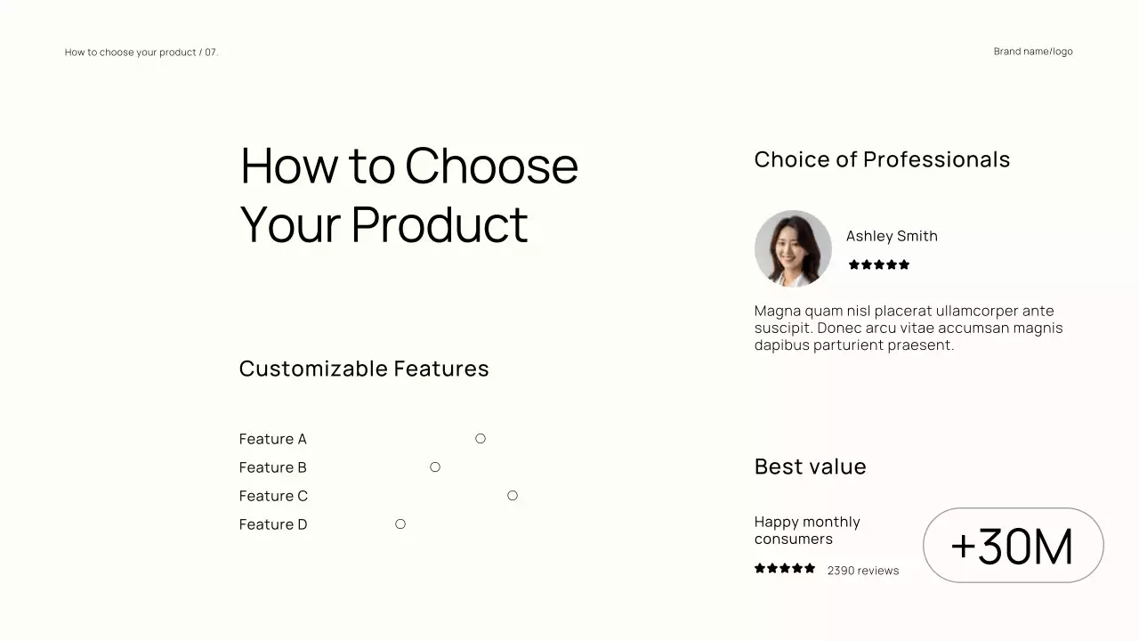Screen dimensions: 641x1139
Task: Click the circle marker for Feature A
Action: click(x=481, y=438)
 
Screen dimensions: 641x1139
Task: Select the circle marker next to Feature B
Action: click(x=435, y=467)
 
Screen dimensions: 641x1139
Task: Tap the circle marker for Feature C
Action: click(x=513, y=495)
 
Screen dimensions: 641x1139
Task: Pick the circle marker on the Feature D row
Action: click(x=400, y=523)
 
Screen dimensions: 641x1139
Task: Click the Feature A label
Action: click(x=272, y=439)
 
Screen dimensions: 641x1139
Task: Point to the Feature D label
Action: click(x=272, y=524)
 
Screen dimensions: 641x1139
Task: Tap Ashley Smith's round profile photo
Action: click(x=793, y=248)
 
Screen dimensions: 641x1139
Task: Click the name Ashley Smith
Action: click(x=892, y=236)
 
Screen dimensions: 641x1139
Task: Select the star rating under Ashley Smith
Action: click(x=879, y=264)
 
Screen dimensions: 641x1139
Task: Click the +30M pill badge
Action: click(x=1013, y=546)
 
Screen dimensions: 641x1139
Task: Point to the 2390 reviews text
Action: click(x=863, y=571)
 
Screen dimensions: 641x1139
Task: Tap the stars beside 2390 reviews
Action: click(x=785, y=568)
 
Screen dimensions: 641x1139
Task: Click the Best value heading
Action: click(x=810, y=467)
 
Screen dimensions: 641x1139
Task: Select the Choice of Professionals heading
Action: click(x=882, y=159)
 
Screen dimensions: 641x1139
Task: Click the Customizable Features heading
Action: click(x=364, y=369)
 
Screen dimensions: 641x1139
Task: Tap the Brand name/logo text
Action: click(x=1033, y=52)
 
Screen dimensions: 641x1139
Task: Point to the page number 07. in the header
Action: click(x=212, y=53)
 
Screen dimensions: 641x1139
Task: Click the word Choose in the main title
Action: click(x=491, y=166)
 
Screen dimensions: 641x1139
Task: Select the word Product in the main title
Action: click(x=440, y=224)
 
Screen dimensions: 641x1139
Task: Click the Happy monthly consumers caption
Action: click(x=807, y=530)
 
